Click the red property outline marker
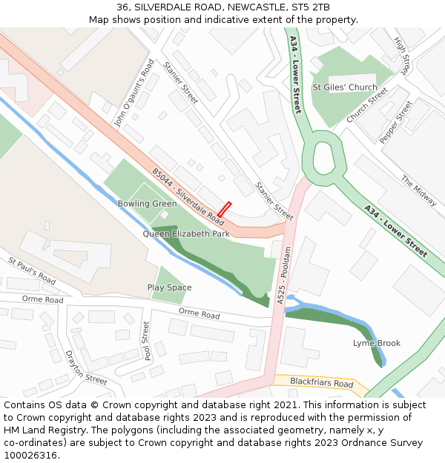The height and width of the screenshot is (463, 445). click(224, 210)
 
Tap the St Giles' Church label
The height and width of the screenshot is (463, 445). click(345, 87)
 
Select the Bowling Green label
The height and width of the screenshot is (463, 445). click(147, 204)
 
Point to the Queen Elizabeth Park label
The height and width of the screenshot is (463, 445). click(186, 234)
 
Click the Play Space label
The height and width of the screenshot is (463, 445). click(169, 287)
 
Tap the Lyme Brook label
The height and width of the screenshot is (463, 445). click(377, 343)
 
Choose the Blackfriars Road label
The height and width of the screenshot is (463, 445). click(322, 383)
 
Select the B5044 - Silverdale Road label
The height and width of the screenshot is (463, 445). click(188, 197)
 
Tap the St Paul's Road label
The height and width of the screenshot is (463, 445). click(32, 271)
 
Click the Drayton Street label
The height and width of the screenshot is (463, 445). click(86, 368)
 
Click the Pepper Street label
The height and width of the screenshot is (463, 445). click(395, 122)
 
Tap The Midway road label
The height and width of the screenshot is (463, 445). click(419, 190)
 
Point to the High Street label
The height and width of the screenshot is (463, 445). click(402, 55)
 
